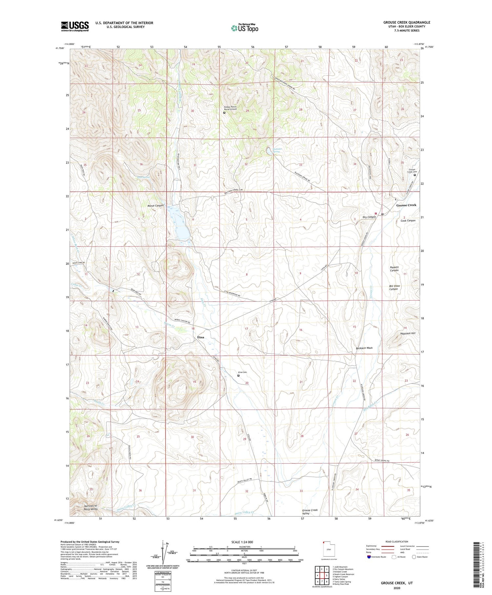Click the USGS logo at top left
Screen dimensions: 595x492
(75, 26)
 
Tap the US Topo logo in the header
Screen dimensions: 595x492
(244, 28)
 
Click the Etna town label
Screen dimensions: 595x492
(202, 337)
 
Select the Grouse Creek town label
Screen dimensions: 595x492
(406, 205)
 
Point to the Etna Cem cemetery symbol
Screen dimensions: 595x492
(238, 376)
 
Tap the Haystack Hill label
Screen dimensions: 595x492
(408, 333)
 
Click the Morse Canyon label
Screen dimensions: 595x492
(155, 205)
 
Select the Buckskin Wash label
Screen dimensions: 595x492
(364, 348)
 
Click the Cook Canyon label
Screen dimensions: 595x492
(408, 221)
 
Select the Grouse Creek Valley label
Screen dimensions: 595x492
(310, 512)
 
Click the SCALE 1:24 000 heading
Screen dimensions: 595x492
(234, 542)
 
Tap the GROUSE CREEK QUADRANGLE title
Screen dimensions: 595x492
(406, 22)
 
